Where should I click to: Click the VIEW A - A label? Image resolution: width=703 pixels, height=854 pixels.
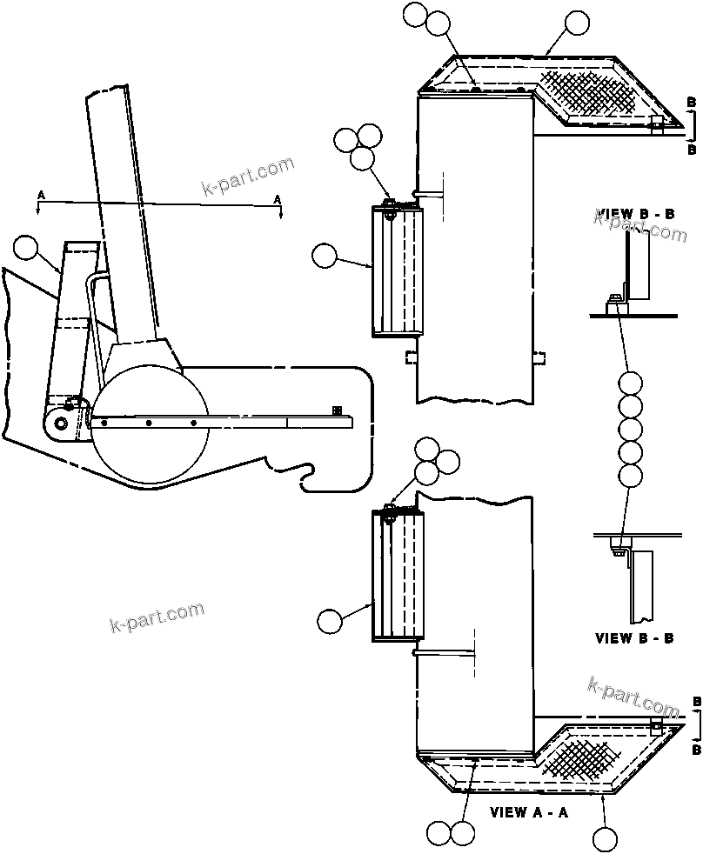(529, 813)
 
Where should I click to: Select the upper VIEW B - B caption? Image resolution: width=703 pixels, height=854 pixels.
(636, 214)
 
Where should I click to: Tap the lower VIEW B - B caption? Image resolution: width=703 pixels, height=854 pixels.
(634, 637)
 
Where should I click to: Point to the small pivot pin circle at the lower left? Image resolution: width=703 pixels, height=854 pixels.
(60, 424)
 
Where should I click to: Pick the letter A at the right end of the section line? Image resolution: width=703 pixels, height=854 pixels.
(278, 200)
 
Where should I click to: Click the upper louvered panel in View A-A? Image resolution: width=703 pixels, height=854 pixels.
(397, 270)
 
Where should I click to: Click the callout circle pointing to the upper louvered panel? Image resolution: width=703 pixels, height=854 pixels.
(325, 256)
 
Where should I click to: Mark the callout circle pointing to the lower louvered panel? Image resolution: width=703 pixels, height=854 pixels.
(330, 621)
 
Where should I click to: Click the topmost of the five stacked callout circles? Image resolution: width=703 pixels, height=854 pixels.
(630, 383)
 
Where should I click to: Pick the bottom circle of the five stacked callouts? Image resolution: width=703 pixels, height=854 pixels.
(630, 475)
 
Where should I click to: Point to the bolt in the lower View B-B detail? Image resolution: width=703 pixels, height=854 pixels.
(617, 545)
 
